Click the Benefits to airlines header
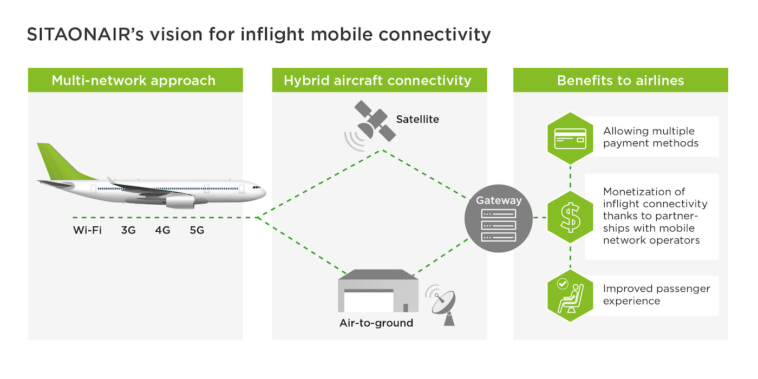coord(620,80)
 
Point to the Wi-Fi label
coord(87,231)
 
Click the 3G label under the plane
coord(128,231)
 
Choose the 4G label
coord(162,231)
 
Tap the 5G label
coord(197,231)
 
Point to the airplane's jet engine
coord(180,202)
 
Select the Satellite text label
coord(417,120)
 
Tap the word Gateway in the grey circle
coord(499,200)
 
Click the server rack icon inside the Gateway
coord(499,225)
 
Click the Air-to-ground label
coord(376,323)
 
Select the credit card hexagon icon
coord(570,139)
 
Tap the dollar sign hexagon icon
coord(570,217)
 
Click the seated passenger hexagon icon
coord(570,296)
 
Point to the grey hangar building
coord(378,291)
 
